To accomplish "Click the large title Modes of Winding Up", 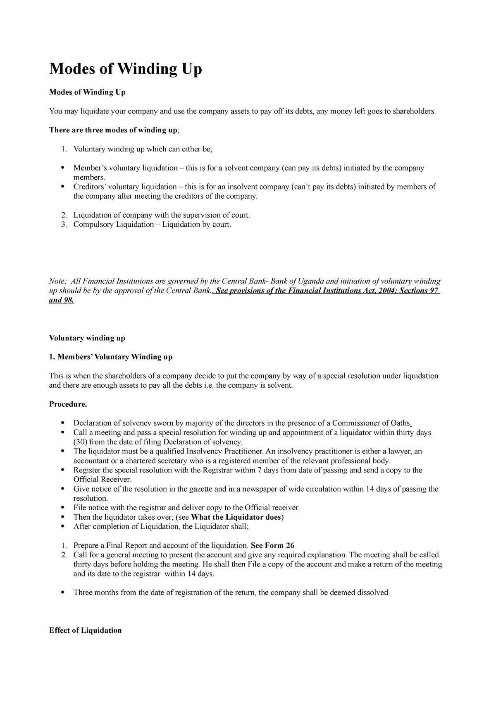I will [x=126, y=69].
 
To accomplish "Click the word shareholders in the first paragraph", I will [x=413, y=111].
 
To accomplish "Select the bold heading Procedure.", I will [x=68, y=404].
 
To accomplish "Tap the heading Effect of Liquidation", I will [x=85, y=630].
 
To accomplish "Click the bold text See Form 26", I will [x=272, y=545].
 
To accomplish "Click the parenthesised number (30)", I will [x=80, y=441].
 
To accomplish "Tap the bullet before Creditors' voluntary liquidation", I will [x=62, y=187].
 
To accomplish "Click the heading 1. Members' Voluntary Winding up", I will [x=110, y=357].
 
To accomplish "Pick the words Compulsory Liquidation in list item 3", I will [x=114, y=225].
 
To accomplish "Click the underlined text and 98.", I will [x=62, y=300].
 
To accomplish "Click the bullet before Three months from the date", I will [x=62, y=593].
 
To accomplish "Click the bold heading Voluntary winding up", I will [x=87, y=338].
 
